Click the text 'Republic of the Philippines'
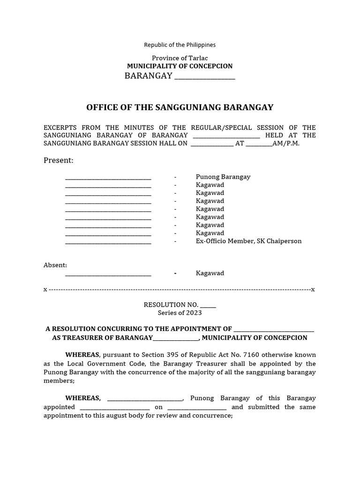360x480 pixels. pyautogui.click(x=180, y=45)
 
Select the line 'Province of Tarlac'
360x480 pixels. pyautogui.click(x=180, y=58)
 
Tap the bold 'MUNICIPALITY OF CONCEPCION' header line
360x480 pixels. pyautogui.click(x=180, y=67)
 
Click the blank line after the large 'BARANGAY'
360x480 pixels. pyautogui.click(x=204, y=77)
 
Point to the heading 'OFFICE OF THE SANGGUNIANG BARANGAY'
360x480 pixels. pyautogui.click(x=180, y=108)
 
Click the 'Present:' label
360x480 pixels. pyautogui.click(x=59, y=161)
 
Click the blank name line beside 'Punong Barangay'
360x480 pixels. pyautogui.click(x=108, y=178)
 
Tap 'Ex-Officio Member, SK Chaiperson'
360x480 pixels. pyautogui.click(x=248, y=241)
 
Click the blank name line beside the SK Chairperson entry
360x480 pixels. pyautogui.click(x=108, y=242)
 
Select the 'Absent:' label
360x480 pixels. pyautogui.click(x=55, y=265)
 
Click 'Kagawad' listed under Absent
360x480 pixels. pyautogui.click(x=210, y=273)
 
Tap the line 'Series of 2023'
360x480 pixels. pyautogui.click(x=180, y=313)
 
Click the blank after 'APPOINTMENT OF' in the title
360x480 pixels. pyautogui.click(x=274, y=330)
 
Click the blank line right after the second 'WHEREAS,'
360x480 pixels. pyautogui.click(x=145, y=399)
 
